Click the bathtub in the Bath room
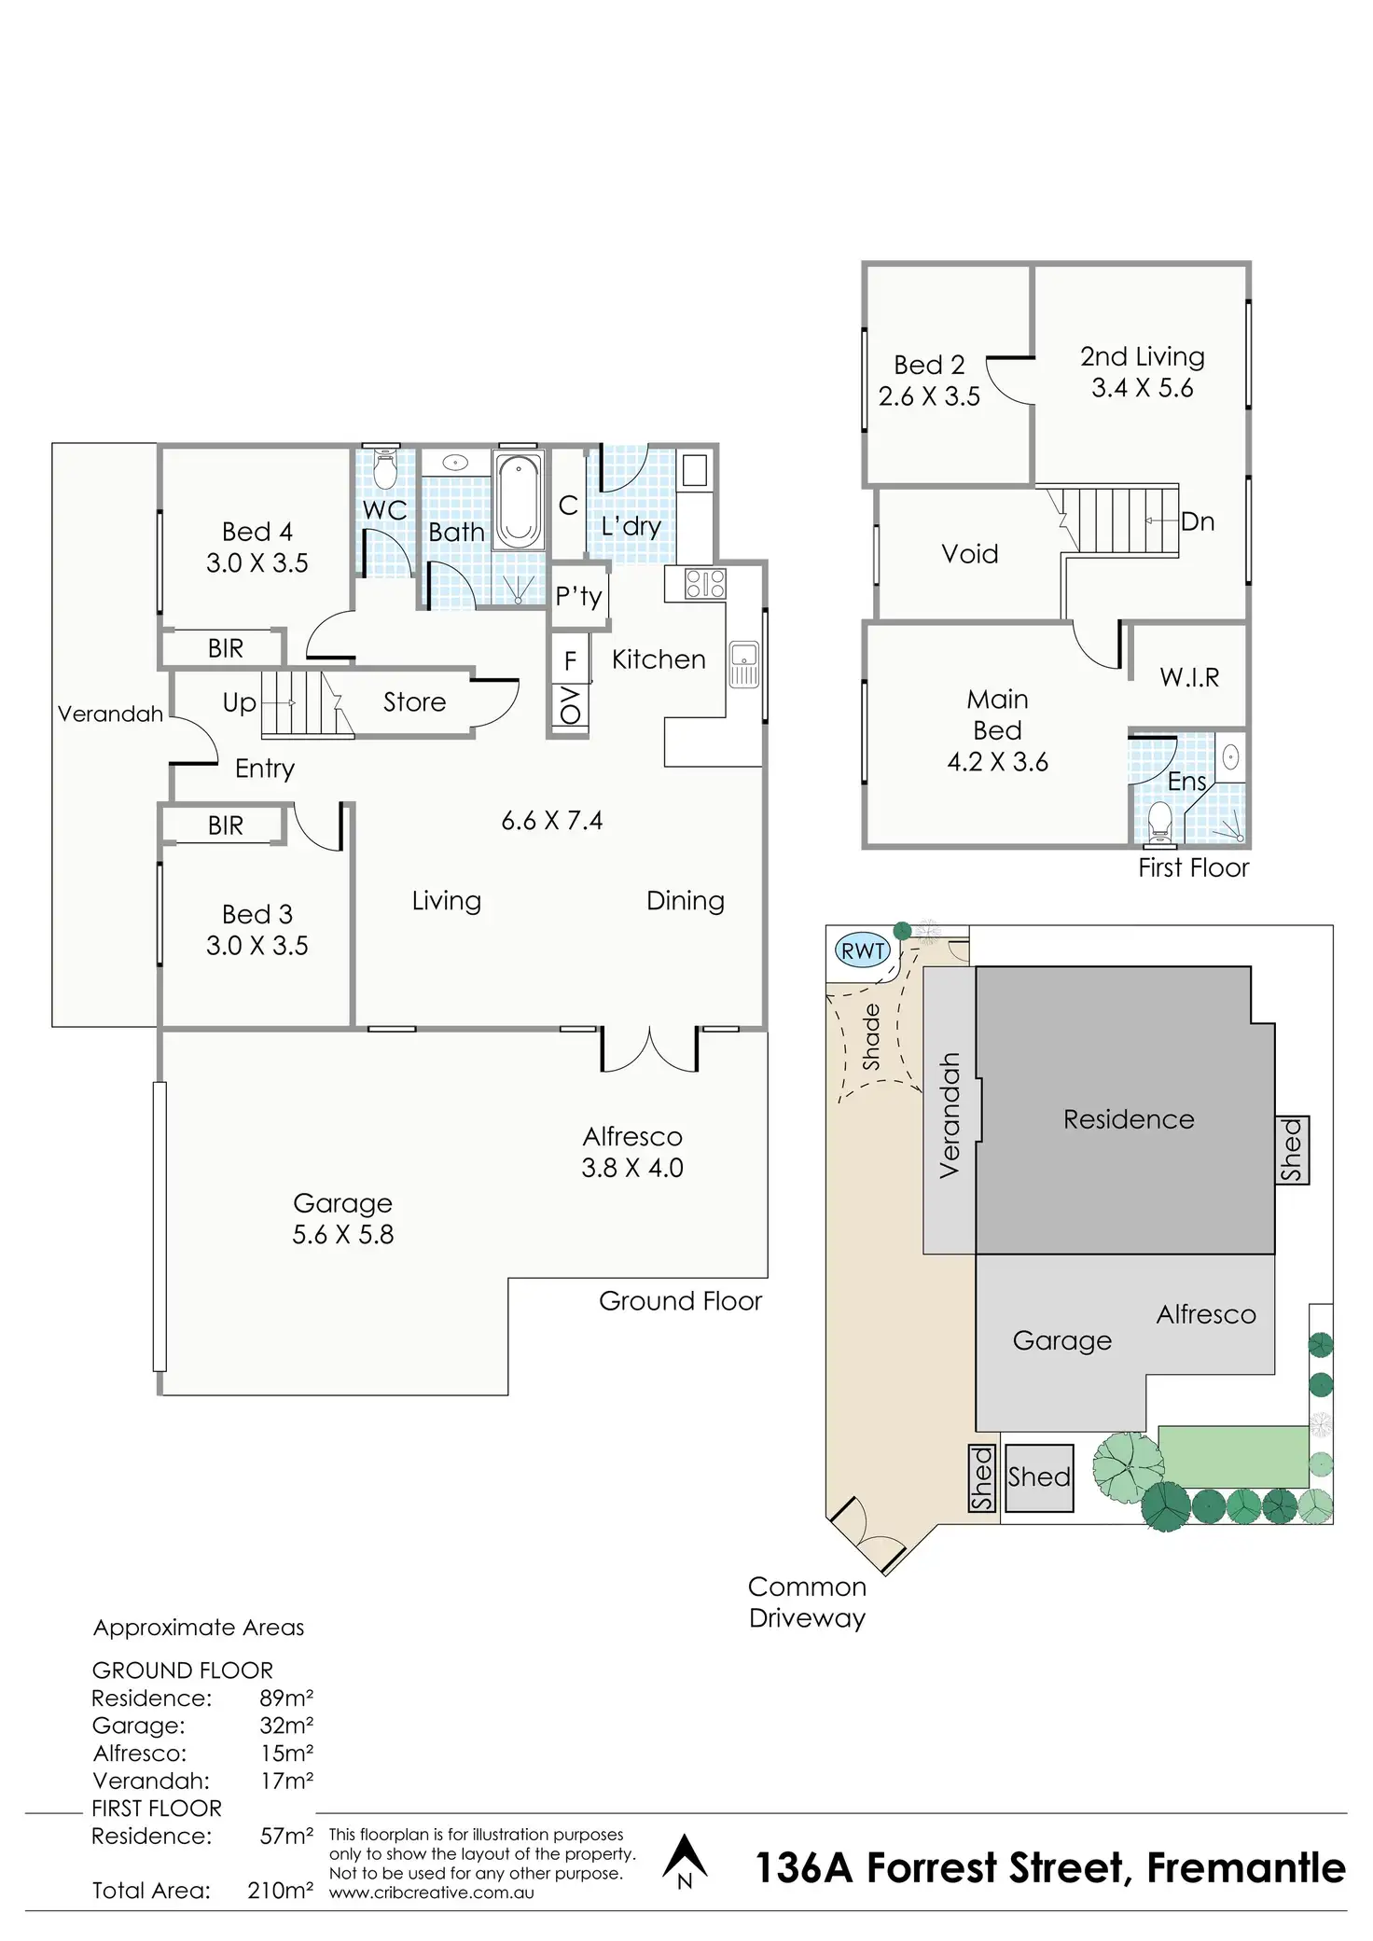pyautogui.click(x=518, y=500)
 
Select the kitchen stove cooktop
pyautogui.click(x=705, y=583)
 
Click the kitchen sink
pyautogui.click(x=743, y=663)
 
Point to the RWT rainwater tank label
pyautogui.click(x=863, y=951)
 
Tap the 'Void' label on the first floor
pyautogui.click(x=970, y=554)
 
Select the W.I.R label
pyautogui.click(x=1189, y=677)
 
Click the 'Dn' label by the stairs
pyautogui.click(x=1198, y=521)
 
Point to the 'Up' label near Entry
pyautogui.click(x=239, y=702)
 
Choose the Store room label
pyautogui.click(x=414, y=701)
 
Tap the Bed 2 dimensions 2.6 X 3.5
pyautogui.click(x=929, y=396)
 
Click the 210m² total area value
pyautogui.click(x=280, y=1891)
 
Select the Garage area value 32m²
pyautogui.click(x=286, y=1726)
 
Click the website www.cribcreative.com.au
pyautogui.click(x=432, y=1893)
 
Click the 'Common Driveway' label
pyautogui.click(x=807, y=1602)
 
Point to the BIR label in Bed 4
pyautogui.click(x=226, y=648)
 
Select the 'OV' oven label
pyautogui.click(x=570, y=706)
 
